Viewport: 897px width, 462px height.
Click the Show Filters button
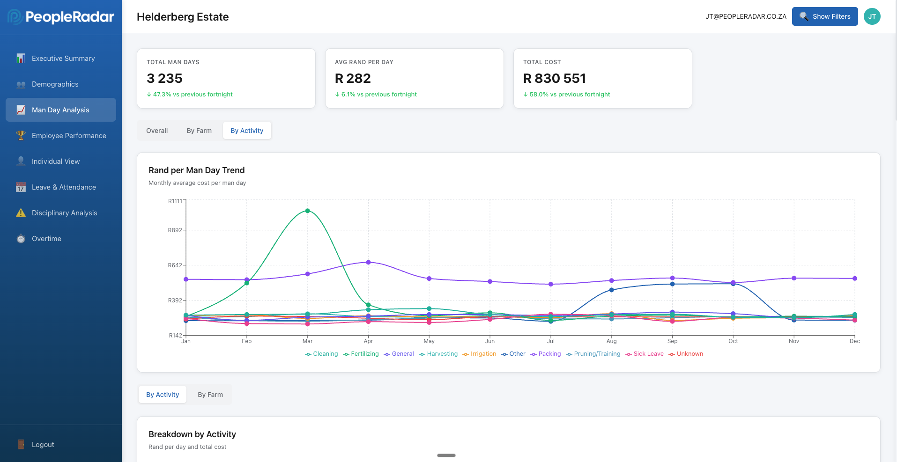point(824,16)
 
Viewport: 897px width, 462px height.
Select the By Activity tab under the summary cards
point(247,131)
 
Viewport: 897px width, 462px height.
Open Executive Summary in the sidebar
point(63,59)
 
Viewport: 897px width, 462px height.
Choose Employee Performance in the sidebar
point(68,136)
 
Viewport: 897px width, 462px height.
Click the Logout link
point(43,445)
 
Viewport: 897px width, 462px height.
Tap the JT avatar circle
point(872,16)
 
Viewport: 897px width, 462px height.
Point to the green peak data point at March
point(307,211)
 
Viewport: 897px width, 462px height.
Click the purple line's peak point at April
point(368,262)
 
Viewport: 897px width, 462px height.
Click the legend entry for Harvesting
point(438,354)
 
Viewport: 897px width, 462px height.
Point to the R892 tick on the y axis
point(175,230)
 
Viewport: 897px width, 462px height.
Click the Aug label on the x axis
point(611,341)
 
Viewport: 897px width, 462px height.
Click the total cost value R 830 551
point(554,78)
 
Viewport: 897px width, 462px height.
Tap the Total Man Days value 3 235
point(164,78)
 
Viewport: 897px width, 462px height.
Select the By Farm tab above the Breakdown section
point(210,395)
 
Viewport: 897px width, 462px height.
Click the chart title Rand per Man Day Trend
point(196,170)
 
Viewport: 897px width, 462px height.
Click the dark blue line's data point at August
point(611,290)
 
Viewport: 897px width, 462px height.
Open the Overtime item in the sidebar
point(46,239)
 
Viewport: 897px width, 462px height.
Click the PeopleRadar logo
point(61,17)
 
